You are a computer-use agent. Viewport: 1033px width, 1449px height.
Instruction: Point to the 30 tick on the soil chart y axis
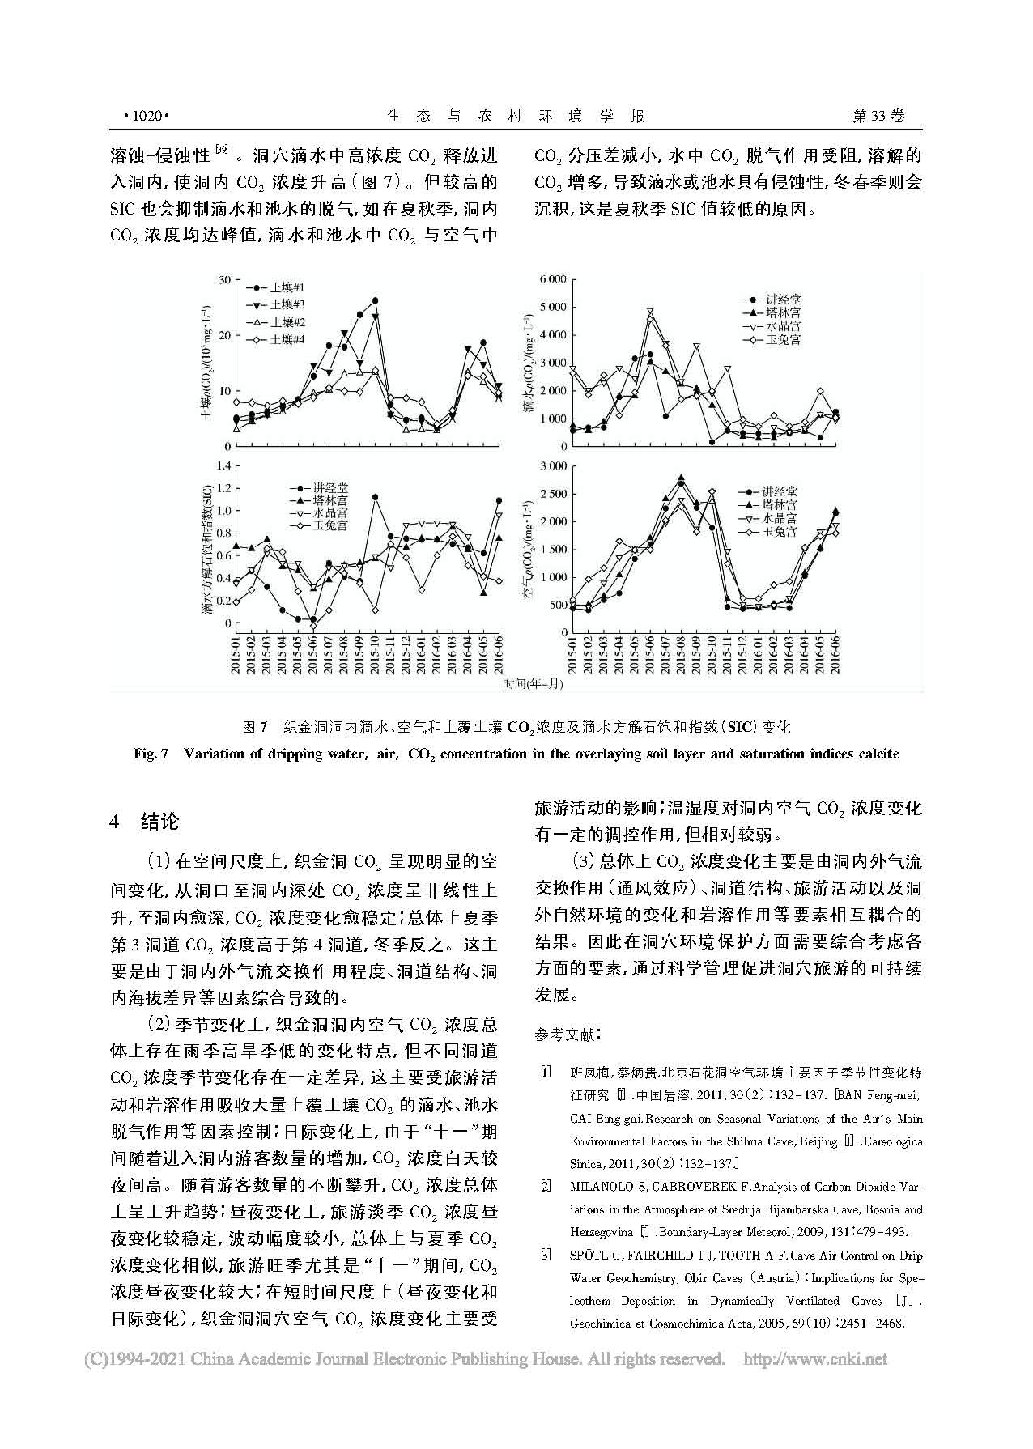tap(225, 279)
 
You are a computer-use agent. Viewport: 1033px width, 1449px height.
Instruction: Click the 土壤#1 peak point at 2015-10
tap(375, 300)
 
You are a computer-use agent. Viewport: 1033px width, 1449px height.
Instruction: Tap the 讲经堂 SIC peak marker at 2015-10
tap(375, 497)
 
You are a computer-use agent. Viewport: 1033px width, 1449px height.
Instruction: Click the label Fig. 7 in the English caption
tap(151, 754)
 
